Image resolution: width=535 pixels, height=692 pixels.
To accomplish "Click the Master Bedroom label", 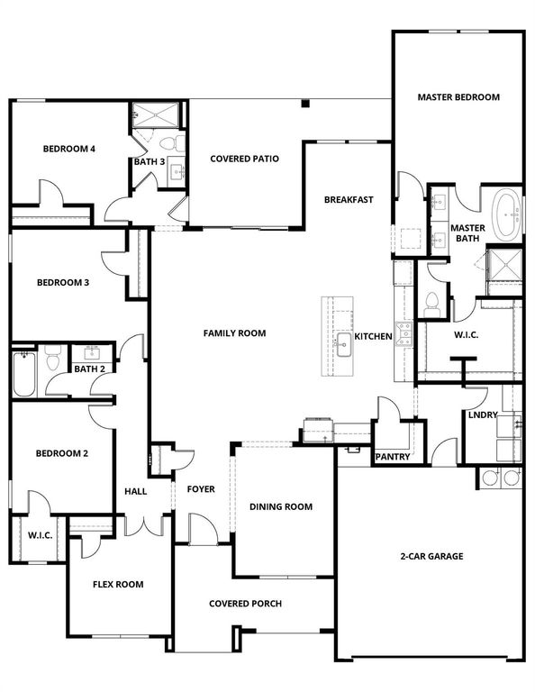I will tap(458, 97).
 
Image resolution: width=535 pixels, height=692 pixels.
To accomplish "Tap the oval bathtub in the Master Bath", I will tap(507, 215).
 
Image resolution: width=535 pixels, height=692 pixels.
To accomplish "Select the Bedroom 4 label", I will tap(69, 149).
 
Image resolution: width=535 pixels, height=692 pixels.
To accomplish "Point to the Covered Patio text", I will tap(244, 159).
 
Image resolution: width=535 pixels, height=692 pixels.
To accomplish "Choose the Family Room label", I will tap(234, 333).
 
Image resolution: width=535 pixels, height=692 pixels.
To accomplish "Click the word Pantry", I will tap(392, 457).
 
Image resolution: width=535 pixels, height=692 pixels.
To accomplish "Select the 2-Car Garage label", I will tap(433, 556).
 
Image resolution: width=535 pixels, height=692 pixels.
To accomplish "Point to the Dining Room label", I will tap(281, 507).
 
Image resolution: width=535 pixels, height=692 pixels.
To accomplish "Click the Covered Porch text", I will tap(245, 604).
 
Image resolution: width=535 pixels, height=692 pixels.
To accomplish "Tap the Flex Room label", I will tap(118, 585).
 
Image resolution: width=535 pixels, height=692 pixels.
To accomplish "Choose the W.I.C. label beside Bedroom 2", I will tap(40, 536).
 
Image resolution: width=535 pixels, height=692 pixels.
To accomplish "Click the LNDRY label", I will tap(481, 416).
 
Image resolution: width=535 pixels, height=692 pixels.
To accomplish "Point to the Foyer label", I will tap(201, 489).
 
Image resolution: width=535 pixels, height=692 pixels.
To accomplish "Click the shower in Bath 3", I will tap(145, 115).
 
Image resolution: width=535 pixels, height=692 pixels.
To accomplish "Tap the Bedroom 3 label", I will tap(62, 283).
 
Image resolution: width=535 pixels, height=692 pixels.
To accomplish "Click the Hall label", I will tap(135, 491).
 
